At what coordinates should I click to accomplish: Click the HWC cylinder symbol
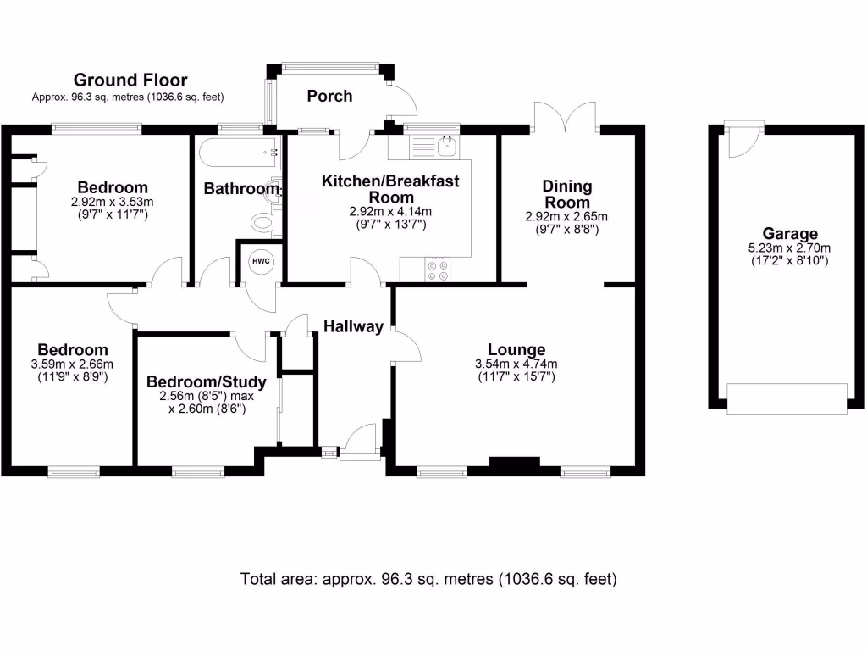point(260,261)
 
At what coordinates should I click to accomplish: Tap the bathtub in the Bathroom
point(238,154)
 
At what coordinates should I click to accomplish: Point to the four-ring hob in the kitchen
point(439,270)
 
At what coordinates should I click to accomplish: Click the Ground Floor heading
point(130,81)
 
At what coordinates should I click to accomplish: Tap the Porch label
point(329,97)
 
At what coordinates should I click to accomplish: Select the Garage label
point(789,234)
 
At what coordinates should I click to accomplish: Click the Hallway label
point(354,326)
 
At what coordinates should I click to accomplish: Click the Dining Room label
point(567,194)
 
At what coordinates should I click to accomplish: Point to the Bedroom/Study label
point(206,381)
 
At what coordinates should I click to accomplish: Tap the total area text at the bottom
point(428,580)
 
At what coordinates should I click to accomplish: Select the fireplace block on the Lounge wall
point(515,463)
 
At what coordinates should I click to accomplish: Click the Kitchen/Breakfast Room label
point(390,188)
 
